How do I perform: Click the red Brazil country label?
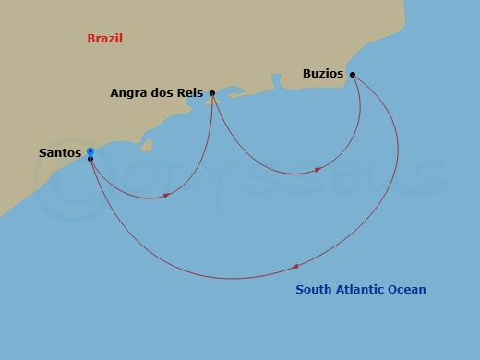tap(105, 39)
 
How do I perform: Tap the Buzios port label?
tap(323, 74)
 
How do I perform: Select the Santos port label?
tap(60, 152)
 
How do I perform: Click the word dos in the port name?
tap(163, 93)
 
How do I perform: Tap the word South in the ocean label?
tap(313, 290)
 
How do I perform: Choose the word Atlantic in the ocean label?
tap(359, 290)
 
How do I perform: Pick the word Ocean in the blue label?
tap(408, 290)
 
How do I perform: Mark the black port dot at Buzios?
tap(353, 75)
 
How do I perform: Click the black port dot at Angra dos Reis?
tap(212, 93)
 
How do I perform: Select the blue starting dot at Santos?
tap(90, 151)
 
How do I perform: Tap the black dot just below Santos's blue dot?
tap(90, 160)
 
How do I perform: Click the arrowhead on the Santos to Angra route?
tap(166, 196)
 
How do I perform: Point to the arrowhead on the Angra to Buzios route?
tap(318, 170)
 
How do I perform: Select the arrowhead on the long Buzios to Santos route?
tap(295, 266)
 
